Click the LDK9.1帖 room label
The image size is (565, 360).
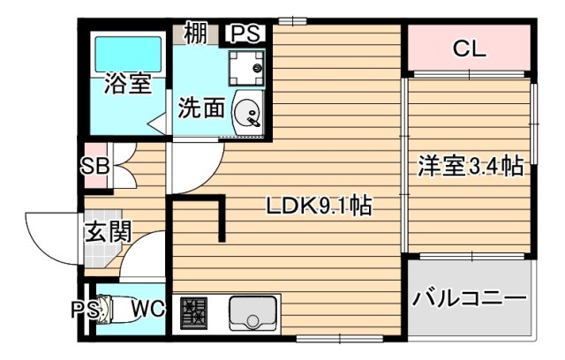point(319,207)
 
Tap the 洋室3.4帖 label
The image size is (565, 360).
point(470,166)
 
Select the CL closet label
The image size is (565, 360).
point(469,49)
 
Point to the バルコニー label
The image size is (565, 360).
point(469,298)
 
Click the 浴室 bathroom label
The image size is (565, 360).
point(128,86)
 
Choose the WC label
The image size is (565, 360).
point(147,310)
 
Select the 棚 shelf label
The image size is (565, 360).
point(196,34)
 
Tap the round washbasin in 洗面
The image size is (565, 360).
point(247,113)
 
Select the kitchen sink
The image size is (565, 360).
point(253,312)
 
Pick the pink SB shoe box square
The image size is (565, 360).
point(96,165)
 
